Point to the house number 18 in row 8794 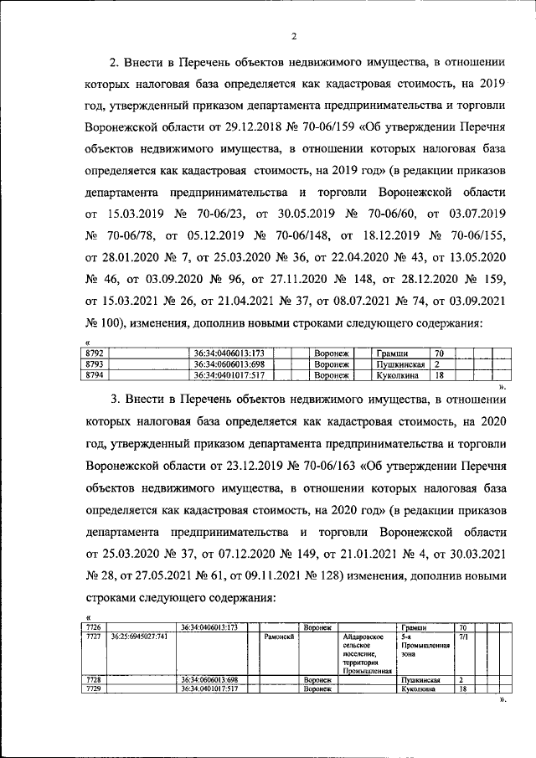point(438,375)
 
